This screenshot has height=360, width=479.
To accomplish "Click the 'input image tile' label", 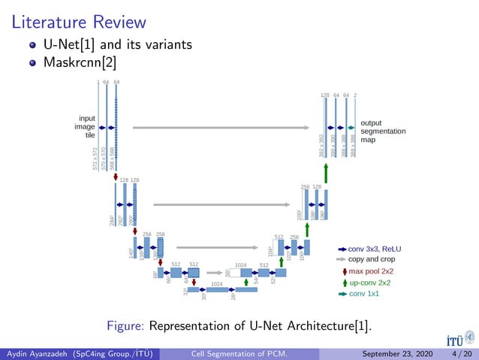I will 85,126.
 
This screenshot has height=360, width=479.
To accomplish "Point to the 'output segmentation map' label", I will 383,131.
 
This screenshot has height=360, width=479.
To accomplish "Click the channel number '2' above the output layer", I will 355,95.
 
